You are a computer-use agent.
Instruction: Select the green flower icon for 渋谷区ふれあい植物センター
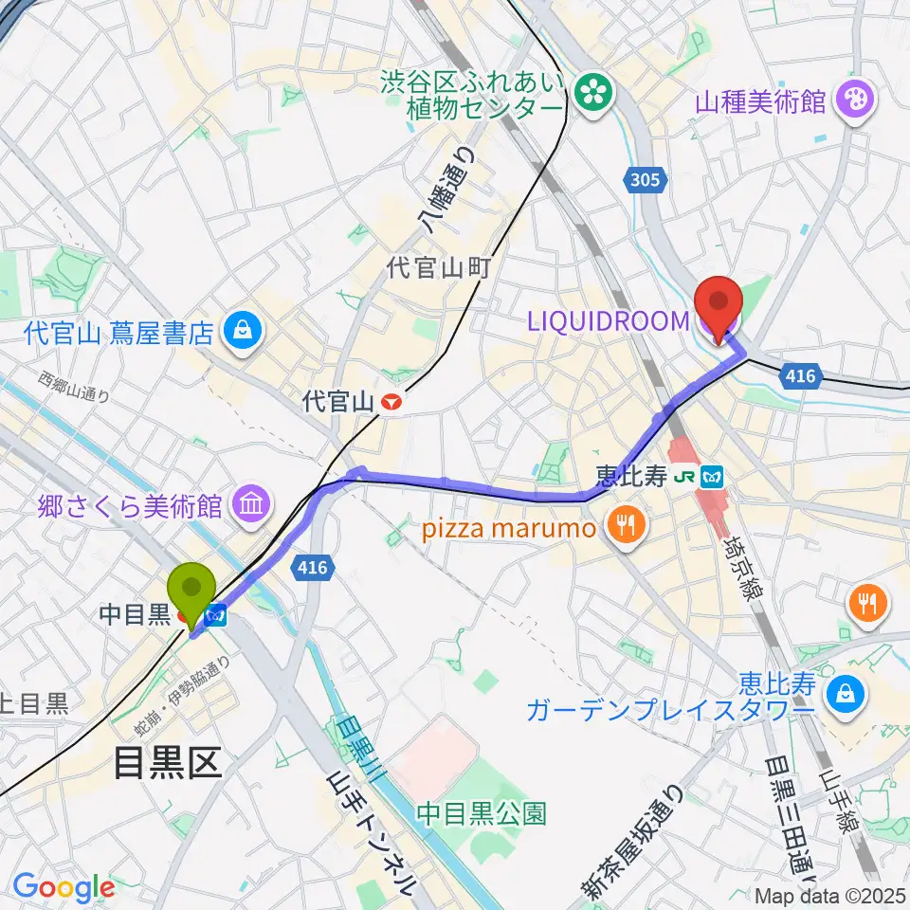pyautogui.click(x=594, y=92)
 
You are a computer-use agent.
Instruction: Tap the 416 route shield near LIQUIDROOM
pyautogui.click(x=800, y=377)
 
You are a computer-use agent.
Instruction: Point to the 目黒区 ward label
pyautogui.click(x=167, y=762)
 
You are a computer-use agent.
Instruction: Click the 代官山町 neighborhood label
pyautogui.click(x=438, y=269)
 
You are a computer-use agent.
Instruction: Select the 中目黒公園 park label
pyautogui.click(x=482, y=812)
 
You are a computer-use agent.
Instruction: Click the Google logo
pyautogui.click(x=63, y=887)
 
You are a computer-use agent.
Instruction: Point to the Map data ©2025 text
pyautogui.click(x=830, y=895)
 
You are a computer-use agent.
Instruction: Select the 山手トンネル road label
pyautogui.click(x=371, y=830)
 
